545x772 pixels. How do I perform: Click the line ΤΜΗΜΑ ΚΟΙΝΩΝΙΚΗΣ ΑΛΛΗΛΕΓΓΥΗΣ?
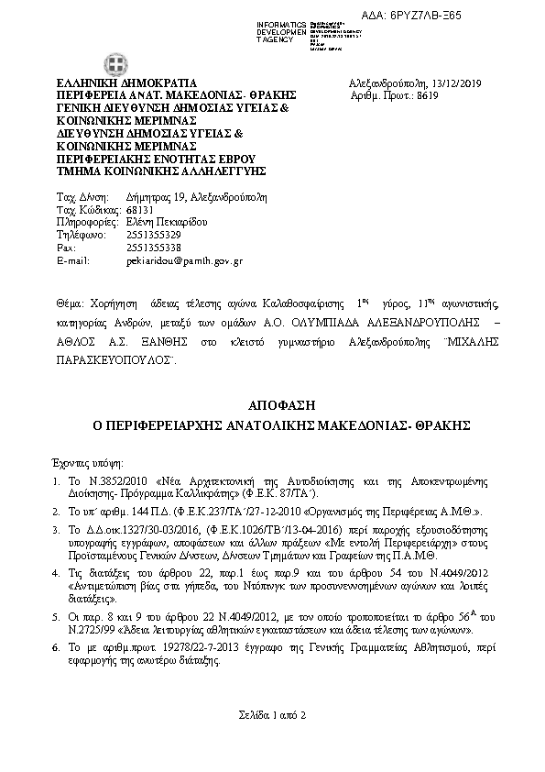coord(161,171)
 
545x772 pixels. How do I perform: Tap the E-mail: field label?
coord(73,260)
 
